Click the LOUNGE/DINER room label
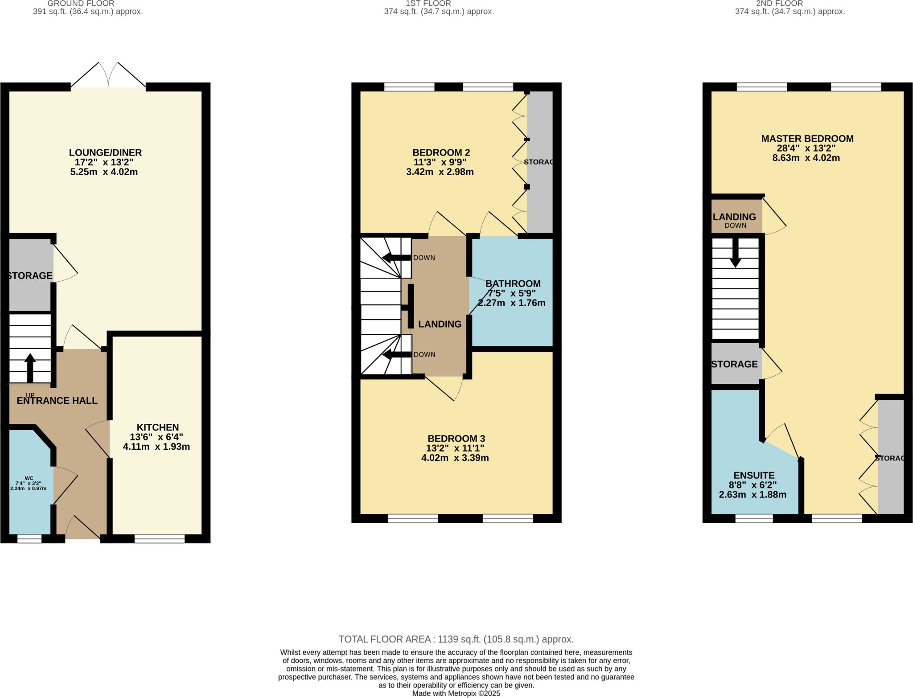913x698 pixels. pyautogui.click(x=105, y=153)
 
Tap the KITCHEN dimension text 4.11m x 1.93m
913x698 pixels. pyautogui.click(x=156, y=447)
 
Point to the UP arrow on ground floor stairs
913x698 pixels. pyautogui.click(x=30, y=367)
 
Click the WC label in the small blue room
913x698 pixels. pyautogui.click(x=29, y=478)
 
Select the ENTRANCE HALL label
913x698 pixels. pyautogui.click(x=57, y=401)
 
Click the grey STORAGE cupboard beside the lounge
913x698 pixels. pyautogui.click(x=30, y=275)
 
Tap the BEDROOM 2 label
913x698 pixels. pyautogui.click(x=441, y=153)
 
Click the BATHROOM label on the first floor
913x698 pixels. pyautogui.click(x=513, y=284)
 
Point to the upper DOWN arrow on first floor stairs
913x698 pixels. pyautogui.click(x=396, y=258)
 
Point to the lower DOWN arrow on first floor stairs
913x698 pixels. pyautogui.click(x=396, y=355)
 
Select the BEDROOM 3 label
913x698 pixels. pyautogui.click(x=456, y=439)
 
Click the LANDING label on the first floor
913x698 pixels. pyautogui.click(x=440, y=324)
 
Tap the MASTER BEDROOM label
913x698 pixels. pyautogui.click(x=807, y=139)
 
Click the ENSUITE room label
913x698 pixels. pyautogui.click(x=754, y=476)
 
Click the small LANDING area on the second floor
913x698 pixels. pyautogui.click(x=734, y=217)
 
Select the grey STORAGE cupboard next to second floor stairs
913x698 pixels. pyautogui.click(x=734, y=364)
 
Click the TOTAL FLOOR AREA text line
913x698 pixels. pyautogui.click(x=456, y=639)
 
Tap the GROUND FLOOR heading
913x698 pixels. pyautogui.click(x=81, y=4)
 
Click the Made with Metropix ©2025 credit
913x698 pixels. pyautogui.click(x=456, y=694)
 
